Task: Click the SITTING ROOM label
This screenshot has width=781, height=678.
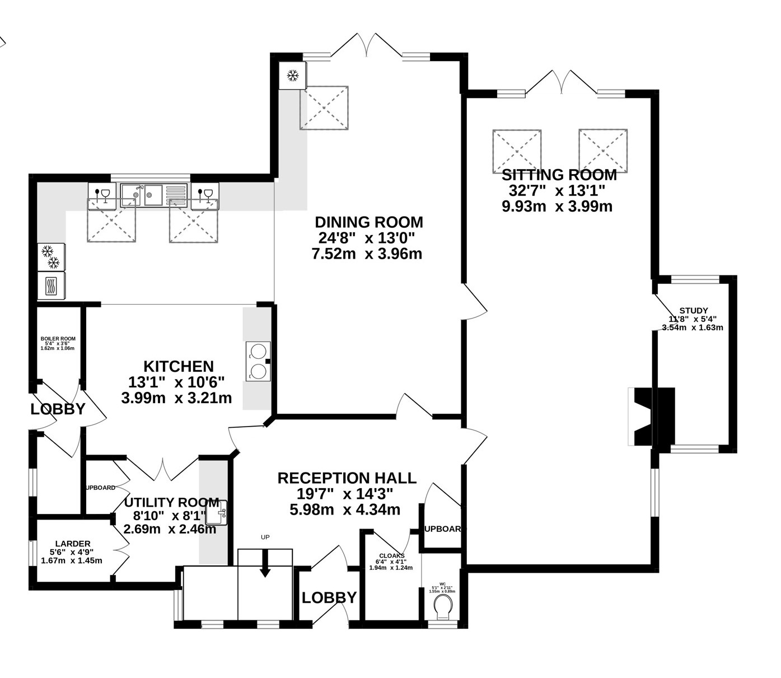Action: coord(559,175)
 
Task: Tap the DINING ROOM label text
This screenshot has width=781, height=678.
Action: coord(368,222)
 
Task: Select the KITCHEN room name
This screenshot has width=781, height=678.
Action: coord(179,367)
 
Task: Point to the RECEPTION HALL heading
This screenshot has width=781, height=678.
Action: coord(347,478)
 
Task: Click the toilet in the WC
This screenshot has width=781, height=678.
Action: coord(443,606)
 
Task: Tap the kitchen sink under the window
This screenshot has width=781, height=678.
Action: coord(142,195)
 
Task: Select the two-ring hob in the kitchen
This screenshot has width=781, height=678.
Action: coord(258,362)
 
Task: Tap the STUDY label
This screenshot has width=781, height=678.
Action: coord(693,311)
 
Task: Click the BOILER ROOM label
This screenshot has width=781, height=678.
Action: coord(58,339)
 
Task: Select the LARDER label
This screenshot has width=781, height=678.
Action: coord(73,544)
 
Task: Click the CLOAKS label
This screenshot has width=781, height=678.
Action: coord(391,556)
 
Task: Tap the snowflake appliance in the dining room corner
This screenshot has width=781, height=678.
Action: coord(293,75)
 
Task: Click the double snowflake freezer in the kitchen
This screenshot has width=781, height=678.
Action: coord(51,257)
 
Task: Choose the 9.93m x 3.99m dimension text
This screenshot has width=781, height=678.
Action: coord(557,207)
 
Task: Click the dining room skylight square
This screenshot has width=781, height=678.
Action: coord(324,108)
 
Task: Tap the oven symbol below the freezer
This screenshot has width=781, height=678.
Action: coord(51,286)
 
